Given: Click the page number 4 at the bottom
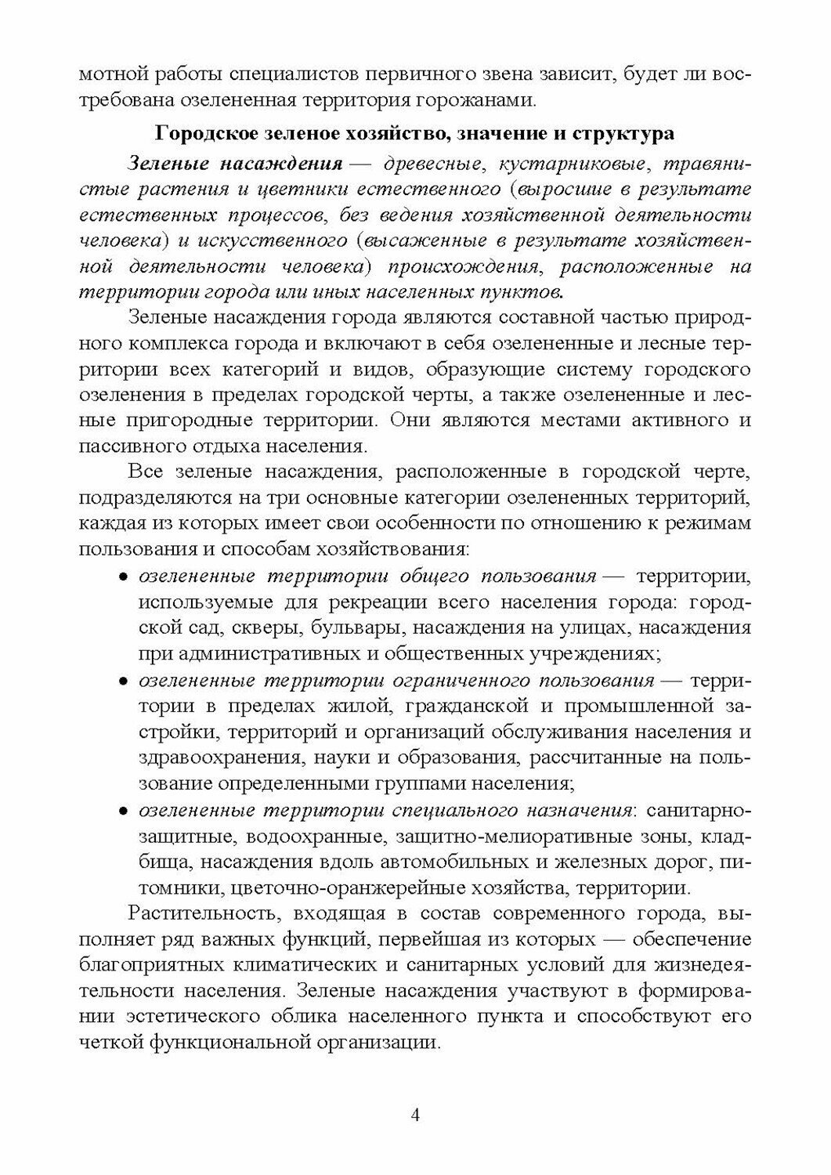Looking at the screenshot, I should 416,1115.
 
